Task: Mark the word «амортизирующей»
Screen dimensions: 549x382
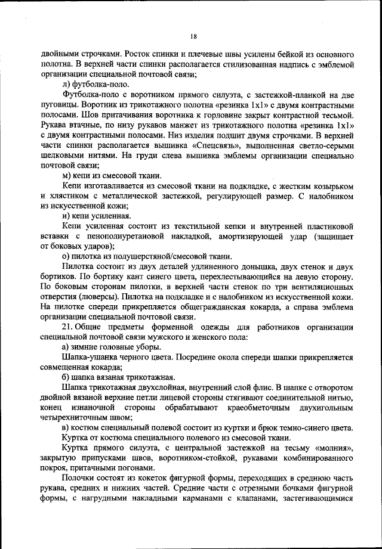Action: pyautogui.click(x=246, y=237)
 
